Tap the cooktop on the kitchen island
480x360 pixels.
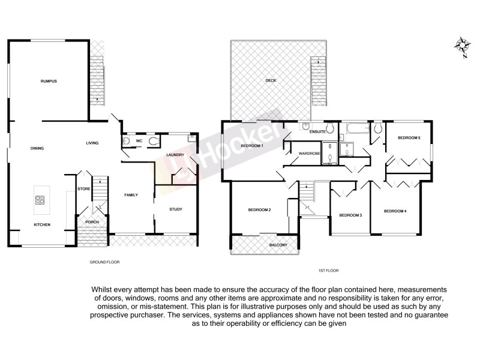(41, 201)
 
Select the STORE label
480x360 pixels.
(83, 190)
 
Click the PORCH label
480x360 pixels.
(92, 222)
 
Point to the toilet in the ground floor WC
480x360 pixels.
(154, 142)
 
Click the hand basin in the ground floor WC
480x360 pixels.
(125, 142)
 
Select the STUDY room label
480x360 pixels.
(175, 209)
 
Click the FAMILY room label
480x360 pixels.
(131, 196)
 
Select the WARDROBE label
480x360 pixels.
(309, 154)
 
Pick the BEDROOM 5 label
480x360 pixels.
(409, 138)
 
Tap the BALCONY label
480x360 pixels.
(278, 245)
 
